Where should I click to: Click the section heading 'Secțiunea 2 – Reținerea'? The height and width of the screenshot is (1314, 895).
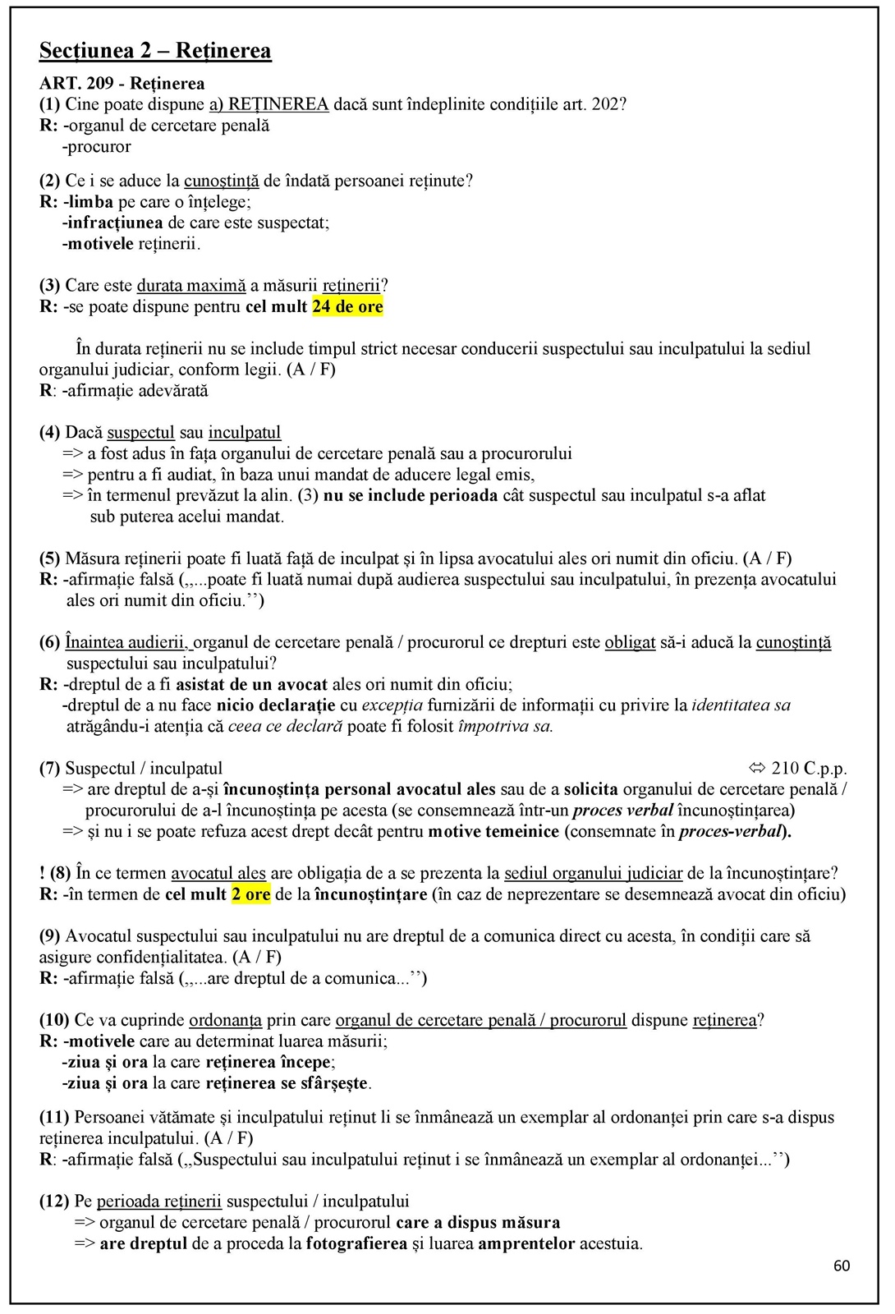point(155,51)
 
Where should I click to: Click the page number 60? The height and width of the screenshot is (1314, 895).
point(842,1266)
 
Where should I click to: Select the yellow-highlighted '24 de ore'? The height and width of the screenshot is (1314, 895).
point(347,307)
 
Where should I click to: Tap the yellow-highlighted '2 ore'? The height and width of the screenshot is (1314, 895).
point(250,894)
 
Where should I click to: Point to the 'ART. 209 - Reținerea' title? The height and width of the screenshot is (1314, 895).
point(122,84)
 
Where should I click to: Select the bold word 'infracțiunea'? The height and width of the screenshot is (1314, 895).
point(115,223)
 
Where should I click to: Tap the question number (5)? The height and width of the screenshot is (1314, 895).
point(50,558)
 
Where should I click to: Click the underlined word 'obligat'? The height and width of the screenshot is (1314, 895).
point(630,642)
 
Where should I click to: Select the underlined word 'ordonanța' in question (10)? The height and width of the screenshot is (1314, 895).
point(225,1020)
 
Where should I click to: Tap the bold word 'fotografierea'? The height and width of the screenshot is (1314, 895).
point(356,1243)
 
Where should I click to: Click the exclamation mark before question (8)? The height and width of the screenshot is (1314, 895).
point(42,873)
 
